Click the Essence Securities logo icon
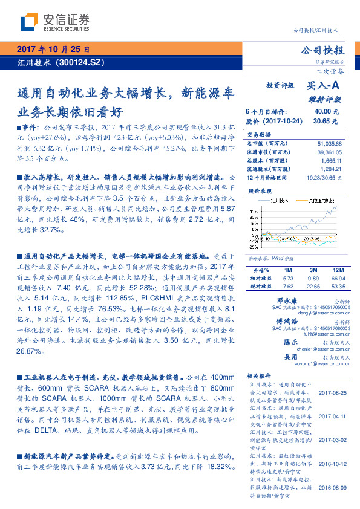(x=29, y=22)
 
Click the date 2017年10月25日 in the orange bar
(x=53, y=50)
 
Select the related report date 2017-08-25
(x=332, y=392)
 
